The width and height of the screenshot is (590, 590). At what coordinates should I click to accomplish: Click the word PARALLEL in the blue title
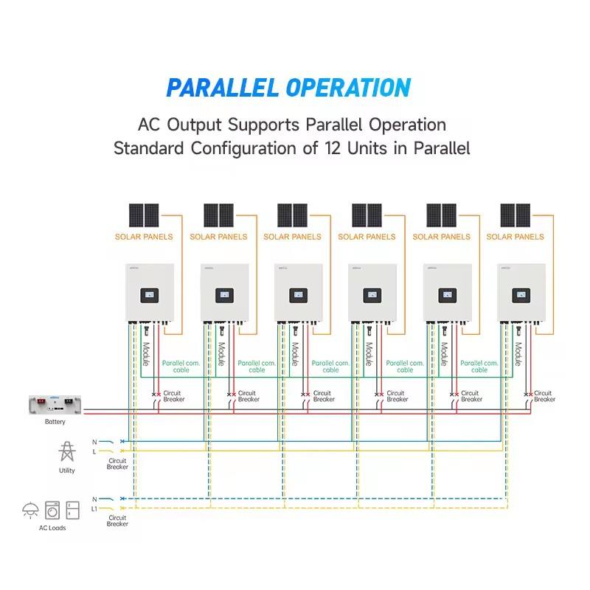tap(222, 88)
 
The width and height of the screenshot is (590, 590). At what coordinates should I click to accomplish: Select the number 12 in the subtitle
tap(332, 147)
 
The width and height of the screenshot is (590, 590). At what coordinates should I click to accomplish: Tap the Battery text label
tap(55, 422)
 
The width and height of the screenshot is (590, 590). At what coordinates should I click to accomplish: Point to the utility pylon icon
tap(66, 451)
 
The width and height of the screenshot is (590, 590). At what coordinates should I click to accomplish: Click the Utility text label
tap(66, 471)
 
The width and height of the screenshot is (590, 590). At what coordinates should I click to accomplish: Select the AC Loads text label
tap(52, 528)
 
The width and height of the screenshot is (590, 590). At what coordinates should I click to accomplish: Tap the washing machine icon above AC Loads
tap(52, 510)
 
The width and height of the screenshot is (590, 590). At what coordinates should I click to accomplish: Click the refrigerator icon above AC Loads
tap(72, 510)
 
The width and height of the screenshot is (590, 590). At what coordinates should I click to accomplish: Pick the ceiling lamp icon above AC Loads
tap(31, 510)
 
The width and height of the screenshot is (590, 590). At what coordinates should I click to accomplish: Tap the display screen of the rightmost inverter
tap(521, 294)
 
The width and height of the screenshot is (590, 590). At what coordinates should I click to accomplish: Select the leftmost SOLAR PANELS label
tap(144, 237)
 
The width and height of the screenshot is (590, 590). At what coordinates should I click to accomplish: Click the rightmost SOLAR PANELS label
tap(515, 237)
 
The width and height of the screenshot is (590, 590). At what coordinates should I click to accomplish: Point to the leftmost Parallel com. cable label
tap(181, 366)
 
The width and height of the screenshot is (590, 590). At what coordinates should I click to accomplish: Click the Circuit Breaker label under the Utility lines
tap(117, 464)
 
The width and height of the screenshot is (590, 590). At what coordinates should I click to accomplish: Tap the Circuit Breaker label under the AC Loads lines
tap(117, 521)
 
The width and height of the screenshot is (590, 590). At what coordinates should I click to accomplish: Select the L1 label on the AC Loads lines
tap(94, 509)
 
